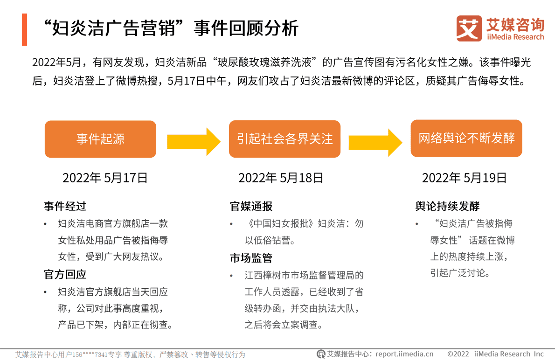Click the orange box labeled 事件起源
pos(100,139)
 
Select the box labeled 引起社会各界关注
pos(284,139)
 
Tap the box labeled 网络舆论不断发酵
pos(466,139)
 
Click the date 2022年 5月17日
pos(105,178)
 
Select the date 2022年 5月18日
pos(281,178)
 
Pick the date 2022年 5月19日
pos(464,178)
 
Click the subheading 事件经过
pos(65,206)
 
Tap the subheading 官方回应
pos(65,274)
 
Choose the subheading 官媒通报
pos(251,206)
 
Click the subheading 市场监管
pos(251,258)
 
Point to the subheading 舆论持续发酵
pos(447,206)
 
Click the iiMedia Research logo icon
pos(469,28)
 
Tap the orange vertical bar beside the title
pos(24,29)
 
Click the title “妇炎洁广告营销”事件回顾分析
pos(170,29)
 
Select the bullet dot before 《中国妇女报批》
pos(231,224)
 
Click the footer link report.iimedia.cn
pos(404,354)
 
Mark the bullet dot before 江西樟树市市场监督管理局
pos(231,276)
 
